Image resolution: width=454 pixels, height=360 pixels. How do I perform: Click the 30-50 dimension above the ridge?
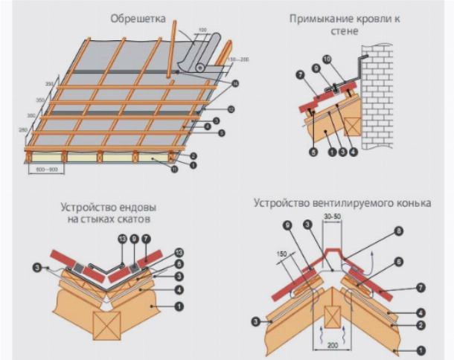point(333,216)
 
